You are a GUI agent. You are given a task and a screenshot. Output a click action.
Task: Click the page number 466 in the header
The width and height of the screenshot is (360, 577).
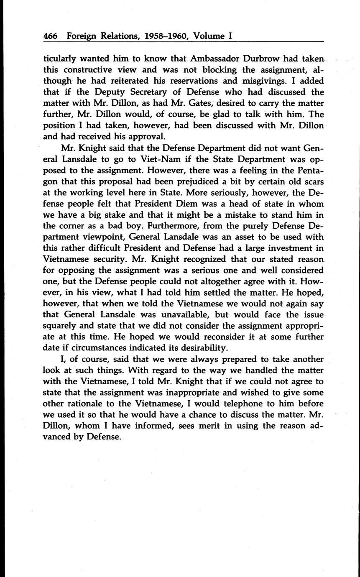click(x=50, y=36)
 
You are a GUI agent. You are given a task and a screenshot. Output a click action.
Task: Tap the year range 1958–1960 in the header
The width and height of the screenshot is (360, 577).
click(x=160, y=36)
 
